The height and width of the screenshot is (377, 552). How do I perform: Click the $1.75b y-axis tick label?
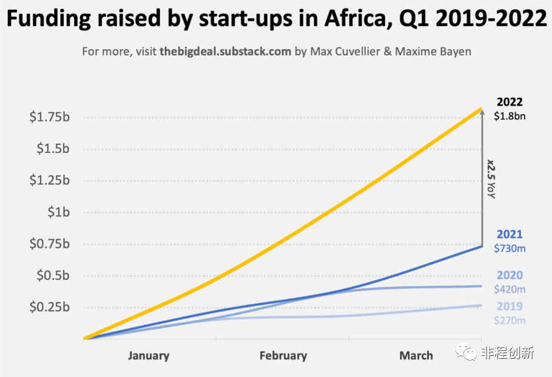tap(50, 117)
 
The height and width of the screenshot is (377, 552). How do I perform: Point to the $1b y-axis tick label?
tap(59, 212)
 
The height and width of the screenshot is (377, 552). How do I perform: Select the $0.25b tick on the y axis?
tap(50, 307)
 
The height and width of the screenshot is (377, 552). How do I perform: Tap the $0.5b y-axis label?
tap(53, 275)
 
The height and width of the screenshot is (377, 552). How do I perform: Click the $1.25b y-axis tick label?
tap(50, 180)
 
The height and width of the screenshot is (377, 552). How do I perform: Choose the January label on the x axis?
tap(149, 356)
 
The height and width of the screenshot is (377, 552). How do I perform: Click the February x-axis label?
tap(283, 356)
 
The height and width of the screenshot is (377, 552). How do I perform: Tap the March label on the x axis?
tap(416, 356)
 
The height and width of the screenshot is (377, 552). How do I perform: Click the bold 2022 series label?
tap(510, 102)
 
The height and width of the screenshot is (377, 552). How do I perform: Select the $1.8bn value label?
tap(510, 116)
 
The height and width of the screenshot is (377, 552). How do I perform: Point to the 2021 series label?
tap(510, 234)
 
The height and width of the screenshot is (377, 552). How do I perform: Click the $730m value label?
tap(510, 248)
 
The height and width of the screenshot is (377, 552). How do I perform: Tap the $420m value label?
tap(510, 289)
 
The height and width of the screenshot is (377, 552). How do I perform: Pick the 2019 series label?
tap(510, 306)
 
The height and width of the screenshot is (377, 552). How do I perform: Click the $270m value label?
tap(510, 321)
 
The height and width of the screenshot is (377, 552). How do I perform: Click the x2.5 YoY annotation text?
tap(491, 179)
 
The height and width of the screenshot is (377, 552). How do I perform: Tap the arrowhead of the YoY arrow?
tap(482, 111)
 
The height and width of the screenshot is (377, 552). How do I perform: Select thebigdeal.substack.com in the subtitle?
tap(225, 52)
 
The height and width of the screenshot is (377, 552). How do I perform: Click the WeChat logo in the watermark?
tap(466, 352)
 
